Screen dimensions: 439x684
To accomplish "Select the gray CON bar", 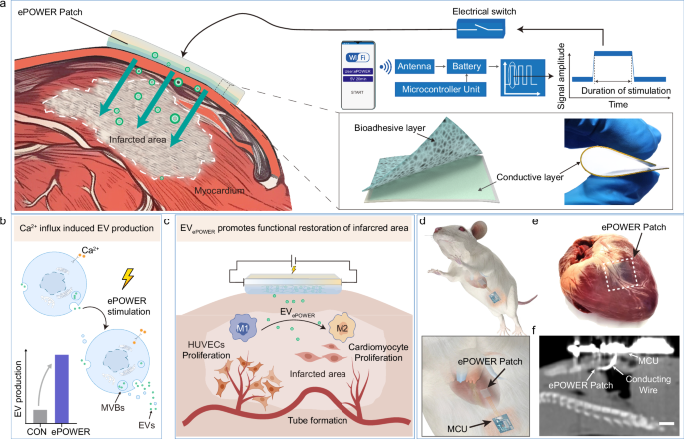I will point(40,416).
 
